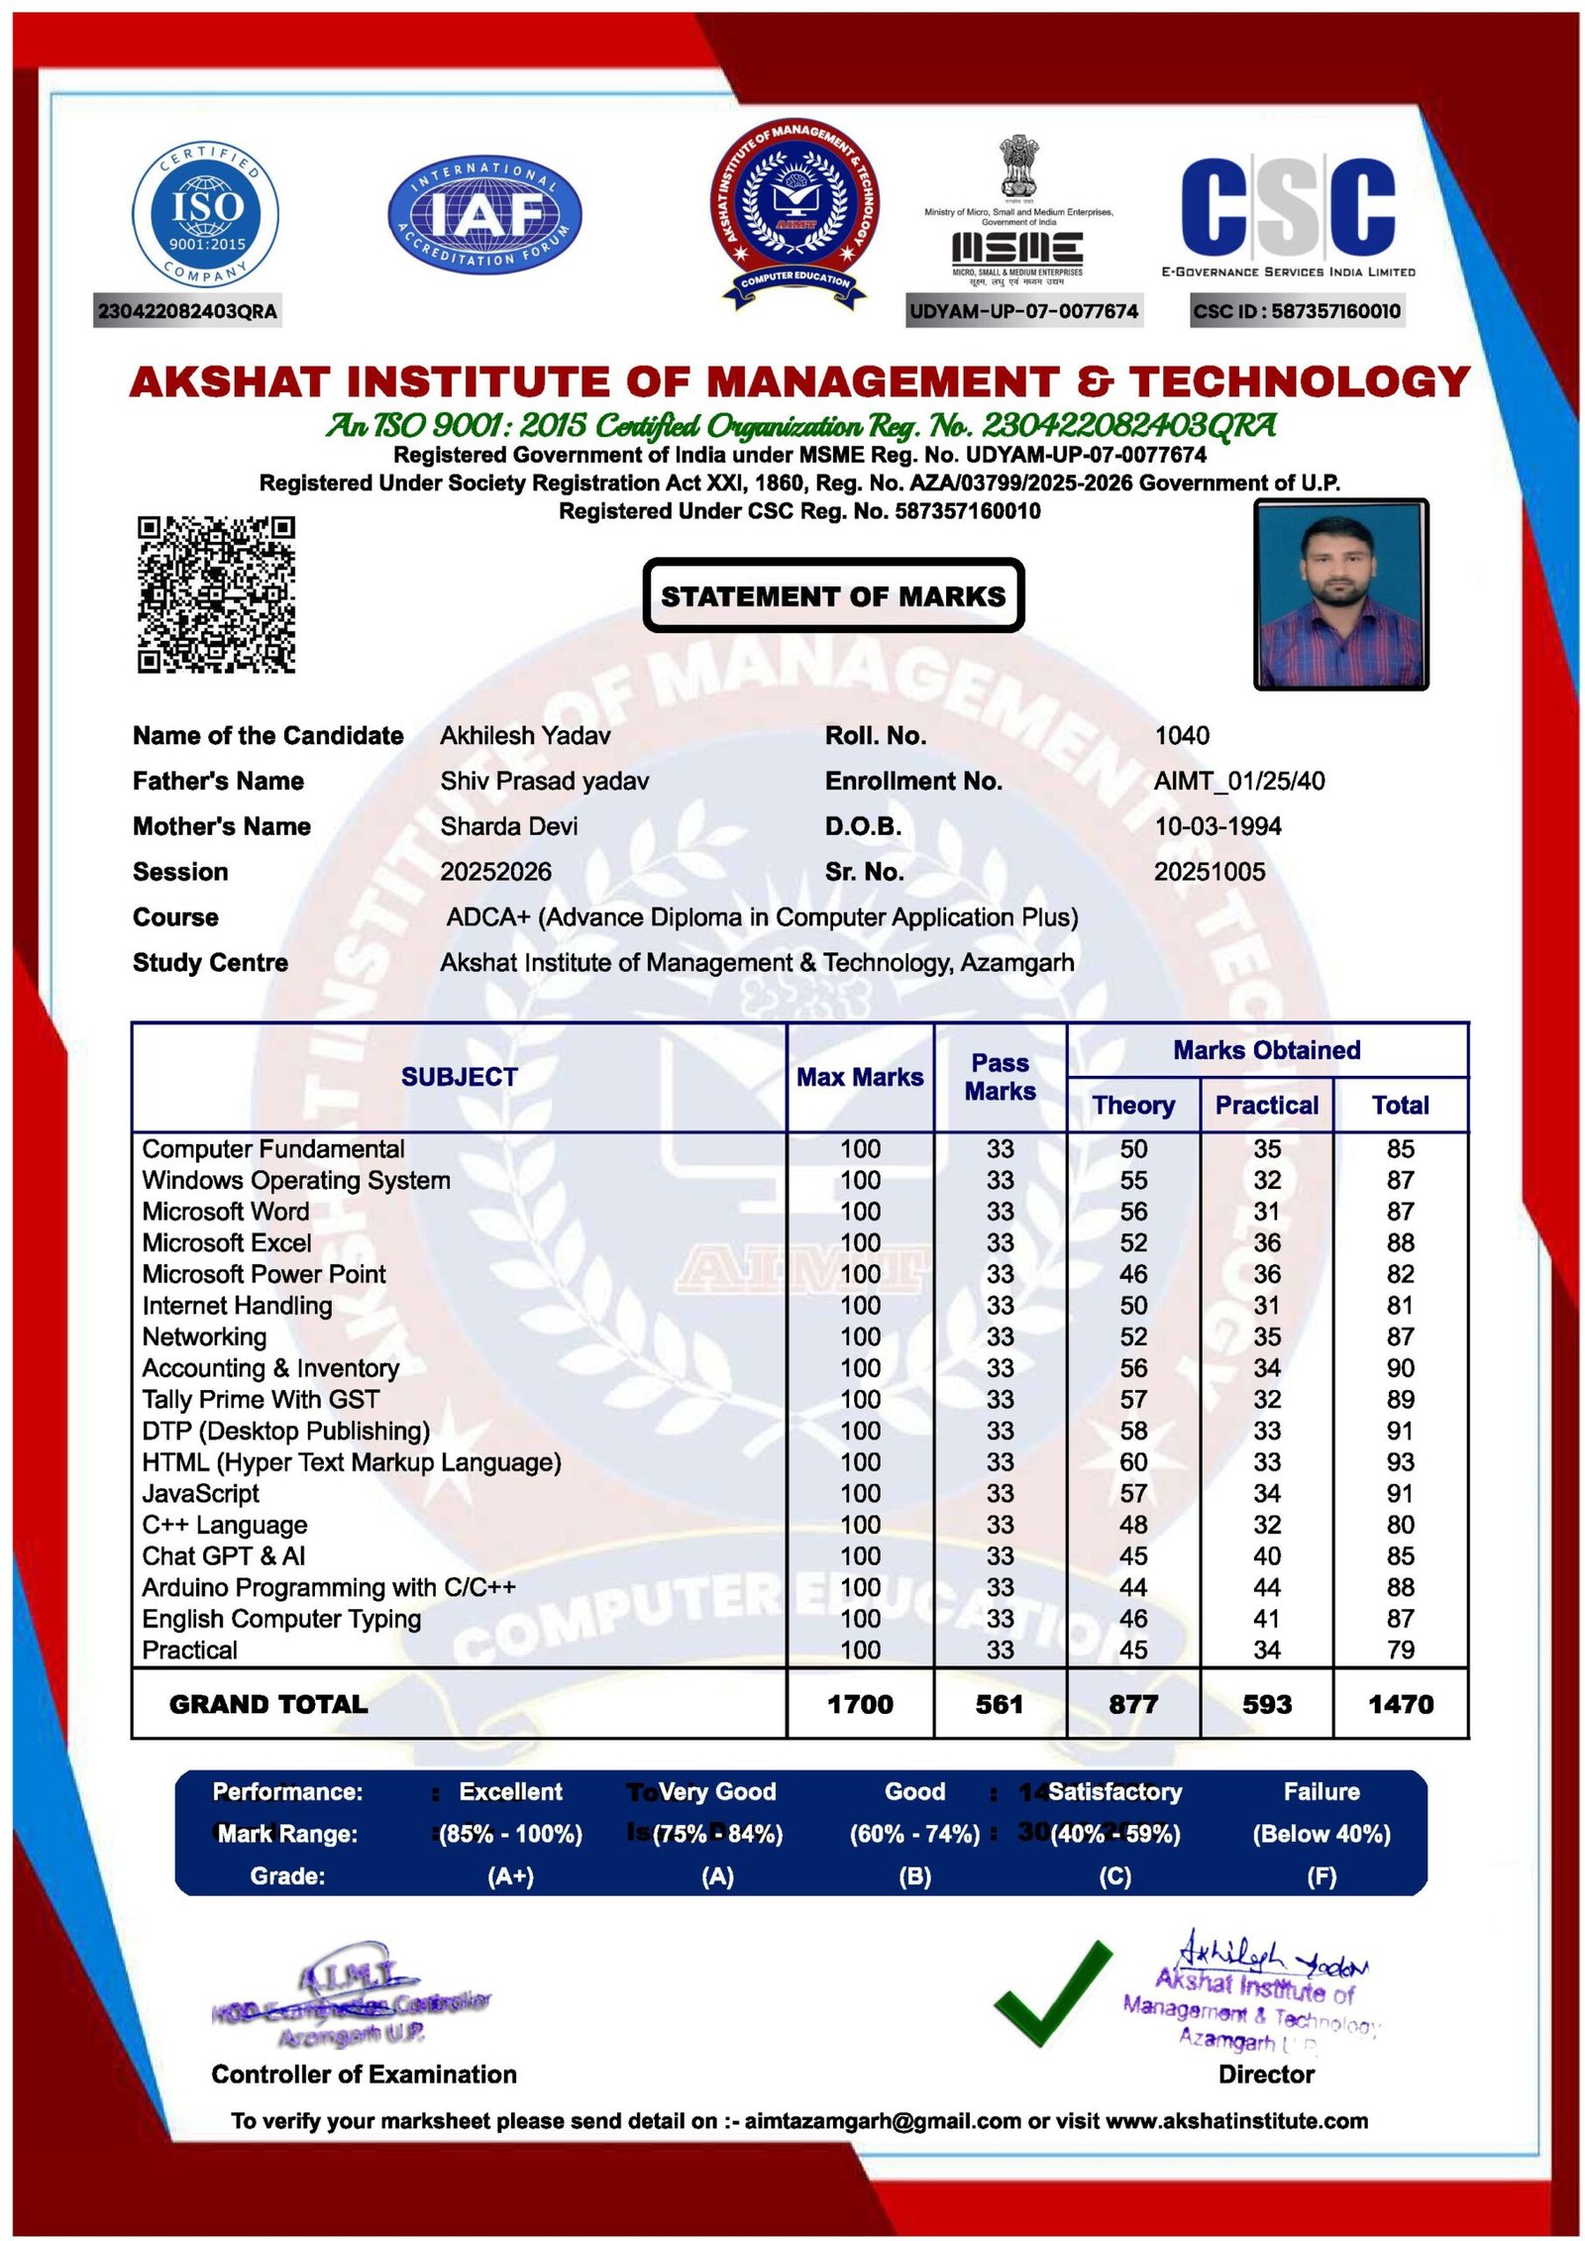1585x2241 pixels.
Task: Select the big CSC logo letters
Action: [1288, 206]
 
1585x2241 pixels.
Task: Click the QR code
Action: [216, 593]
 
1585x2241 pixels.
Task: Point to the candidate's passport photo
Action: [1340, 593]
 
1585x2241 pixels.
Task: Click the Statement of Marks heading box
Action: [833, 595]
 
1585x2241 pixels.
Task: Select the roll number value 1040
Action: [1182, 735]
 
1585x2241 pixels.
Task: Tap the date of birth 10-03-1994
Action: [1217, 825]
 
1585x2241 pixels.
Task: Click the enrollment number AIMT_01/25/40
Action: [1239, 781]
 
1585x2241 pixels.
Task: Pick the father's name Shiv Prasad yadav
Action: [544, 781]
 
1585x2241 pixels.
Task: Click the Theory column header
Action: [1133, 1105]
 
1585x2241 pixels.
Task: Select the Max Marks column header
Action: [860, 1077]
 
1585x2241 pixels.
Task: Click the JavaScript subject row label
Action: [200, 1493]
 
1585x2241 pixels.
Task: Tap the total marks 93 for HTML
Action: [1400, 1461]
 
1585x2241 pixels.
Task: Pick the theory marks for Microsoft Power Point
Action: [1133, 1274]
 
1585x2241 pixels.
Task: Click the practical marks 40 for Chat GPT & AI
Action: [1267, 1555]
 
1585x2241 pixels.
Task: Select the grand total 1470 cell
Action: [1400, 1704]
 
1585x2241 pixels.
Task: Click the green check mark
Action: [1052, 1992]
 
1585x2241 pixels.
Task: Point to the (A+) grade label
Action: [510, 1876]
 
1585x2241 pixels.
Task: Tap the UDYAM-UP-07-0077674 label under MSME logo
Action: [1023, 311]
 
